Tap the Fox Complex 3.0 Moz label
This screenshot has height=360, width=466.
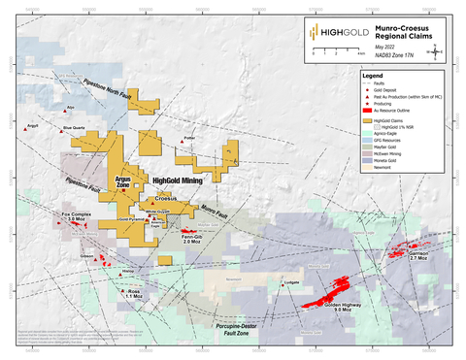[75, 216]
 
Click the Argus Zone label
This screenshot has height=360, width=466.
[129, 182]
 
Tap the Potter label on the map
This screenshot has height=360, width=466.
[189, 138]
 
